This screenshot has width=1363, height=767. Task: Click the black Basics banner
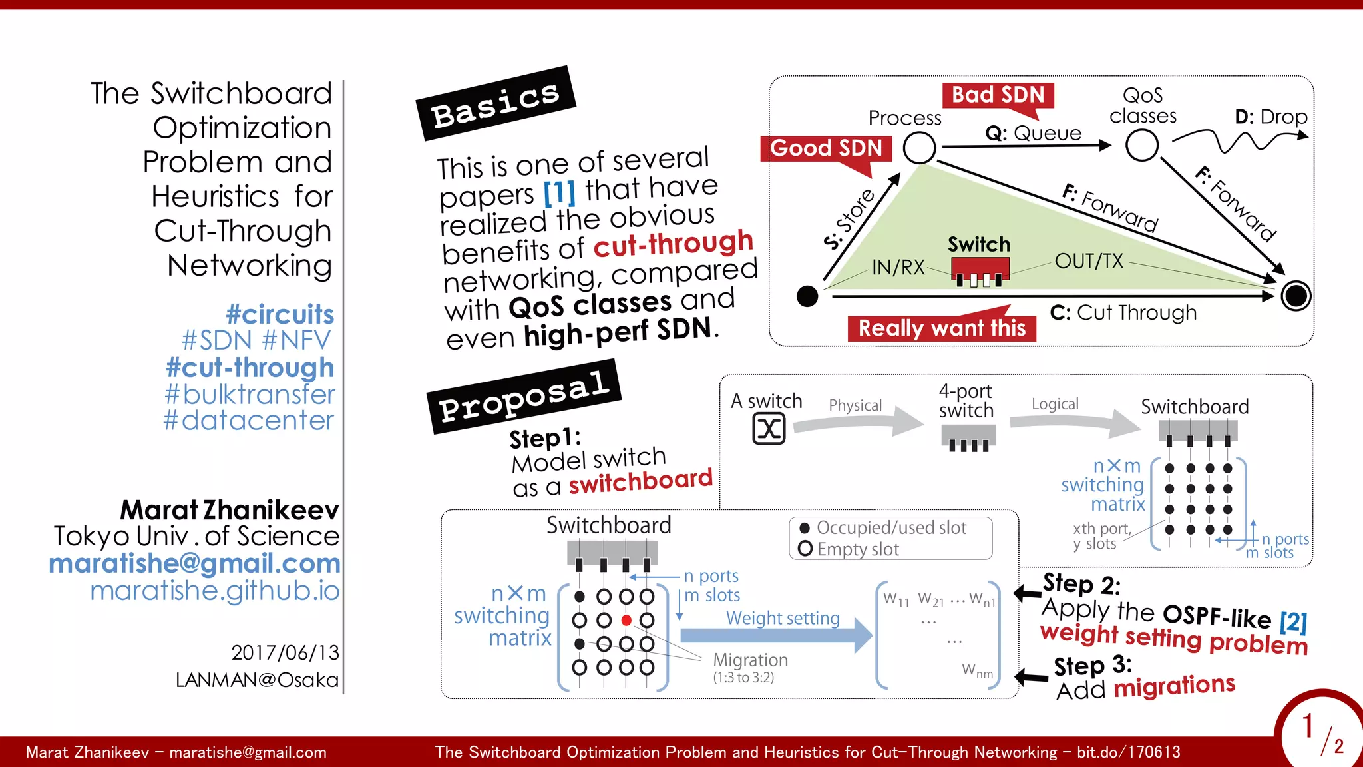pos(496,103)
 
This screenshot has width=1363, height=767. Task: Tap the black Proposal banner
pos(524,396)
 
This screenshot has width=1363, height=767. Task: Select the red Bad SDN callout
pos(998,95)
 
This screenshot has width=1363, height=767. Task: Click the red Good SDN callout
pos(826,148)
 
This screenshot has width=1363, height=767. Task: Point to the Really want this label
pos(942,328)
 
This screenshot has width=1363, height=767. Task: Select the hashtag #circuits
pos(280,314)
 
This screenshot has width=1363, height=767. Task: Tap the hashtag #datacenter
pos(249,421)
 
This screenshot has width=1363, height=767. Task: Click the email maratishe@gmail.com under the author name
pos(194,563)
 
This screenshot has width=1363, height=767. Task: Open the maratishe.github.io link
pos(214,591)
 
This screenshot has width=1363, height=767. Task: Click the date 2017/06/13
pos(285,652)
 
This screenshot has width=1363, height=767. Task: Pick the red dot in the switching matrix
pos(626,620)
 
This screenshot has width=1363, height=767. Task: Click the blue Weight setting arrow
pos(776,635)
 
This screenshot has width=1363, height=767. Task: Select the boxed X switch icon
pos(769,429)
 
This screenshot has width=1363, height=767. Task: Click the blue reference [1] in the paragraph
pos(559,193)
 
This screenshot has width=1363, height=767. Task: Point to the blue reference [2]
pos(1293,622)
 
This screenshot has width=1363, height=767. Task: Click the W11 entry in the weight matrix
pos(896,599)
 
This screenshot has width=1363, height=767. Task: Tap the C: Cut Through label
pos(1123,312)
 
